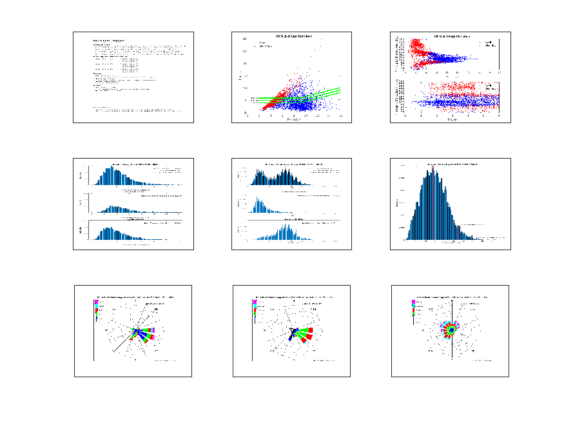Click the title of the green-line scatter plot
tap(294, 36)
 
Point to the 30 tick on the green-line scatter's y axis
tap(245, 39)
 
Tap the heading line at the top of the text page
tap(108, 40)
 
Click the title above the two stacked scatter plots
tap(451, 36)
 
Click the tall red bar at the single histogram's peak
tap(434, 203)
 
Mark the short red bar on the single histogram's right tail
tap(458, 232)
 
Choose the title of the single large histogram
tap(451, 164)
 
